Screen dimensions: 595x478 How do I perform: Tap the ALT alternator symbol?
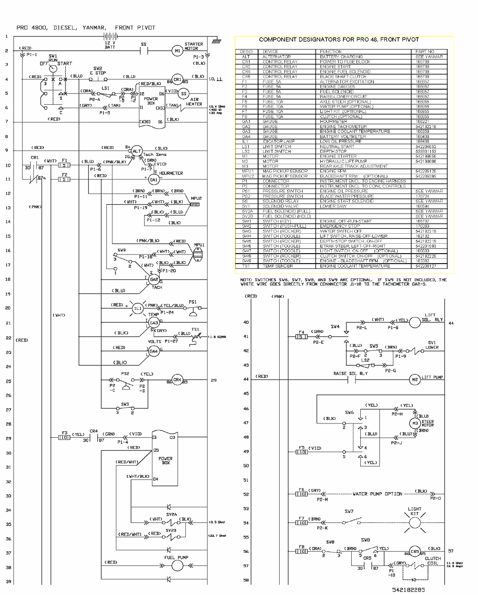tap(137, 151)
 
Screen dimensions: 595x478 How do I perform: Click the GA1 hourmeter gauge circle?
tap(153, 179)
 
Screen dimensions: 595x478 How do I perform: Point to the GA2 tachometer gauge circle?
tap(154, 280)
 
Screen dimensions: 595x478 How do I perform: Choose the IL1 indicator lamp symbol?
tap(138, 308)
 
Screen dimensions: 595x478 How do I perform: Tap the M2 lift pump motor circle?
tap(414, 379)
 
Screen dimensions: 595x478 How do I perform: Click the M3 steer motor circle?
tap(415, 423)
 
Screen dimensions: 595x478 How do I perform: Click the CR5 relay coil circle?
tap(415, 551)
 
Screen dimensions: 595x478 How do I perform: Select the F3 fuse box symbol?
tap(64, 438)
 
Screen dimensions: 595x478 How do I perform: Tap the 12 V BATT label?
tap(110, 45)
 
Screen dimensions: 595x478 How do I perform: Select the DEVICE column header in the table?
tap(270, 52)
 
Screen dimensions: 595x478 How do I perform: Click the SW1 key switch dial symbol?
tap(53, 69)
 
